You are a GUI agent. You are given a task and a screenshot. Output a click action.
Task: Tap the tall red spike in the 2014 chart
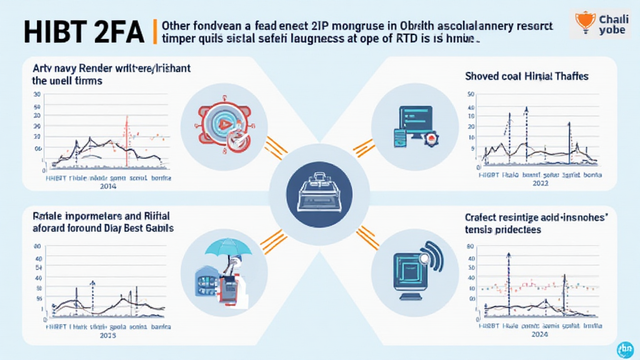point(126,141)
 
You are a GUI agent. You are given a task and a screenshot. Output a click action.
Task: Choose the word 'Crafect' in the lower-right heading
point(481,218)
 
